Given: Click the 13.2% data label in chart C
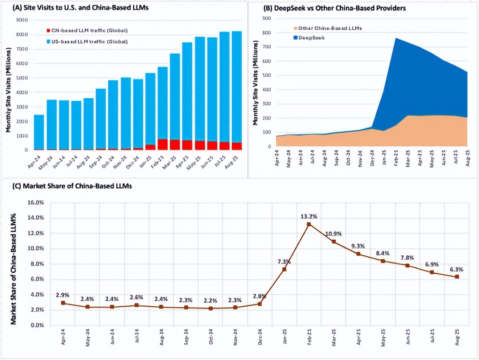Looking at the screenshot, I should click(309, 216).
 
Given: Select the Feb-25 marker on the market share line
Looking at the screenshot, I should click(309, 224).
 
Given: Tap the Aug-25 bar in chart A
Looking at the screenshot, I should click(237, 90).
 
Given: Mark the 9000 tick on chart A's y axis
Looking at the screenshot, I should click(22, 20).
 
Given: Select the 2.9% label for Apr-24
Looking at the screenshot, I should click(63, 295).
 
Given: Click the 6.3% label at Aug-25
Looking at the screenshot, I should click(457, 269).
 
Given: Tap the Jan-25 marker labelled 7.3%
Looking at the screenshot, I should click(284, 269).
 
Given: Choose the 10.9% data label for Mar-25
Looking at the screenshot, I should click(333, 234).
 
